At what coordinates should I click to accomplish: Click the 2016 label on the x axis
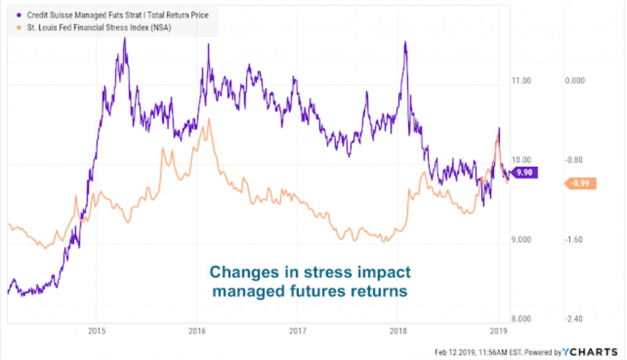(197, 332)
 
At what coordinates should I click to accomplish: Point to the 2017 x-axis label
(297, 332)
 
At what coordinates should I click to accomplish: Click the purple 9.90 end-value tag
(524, 173)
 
